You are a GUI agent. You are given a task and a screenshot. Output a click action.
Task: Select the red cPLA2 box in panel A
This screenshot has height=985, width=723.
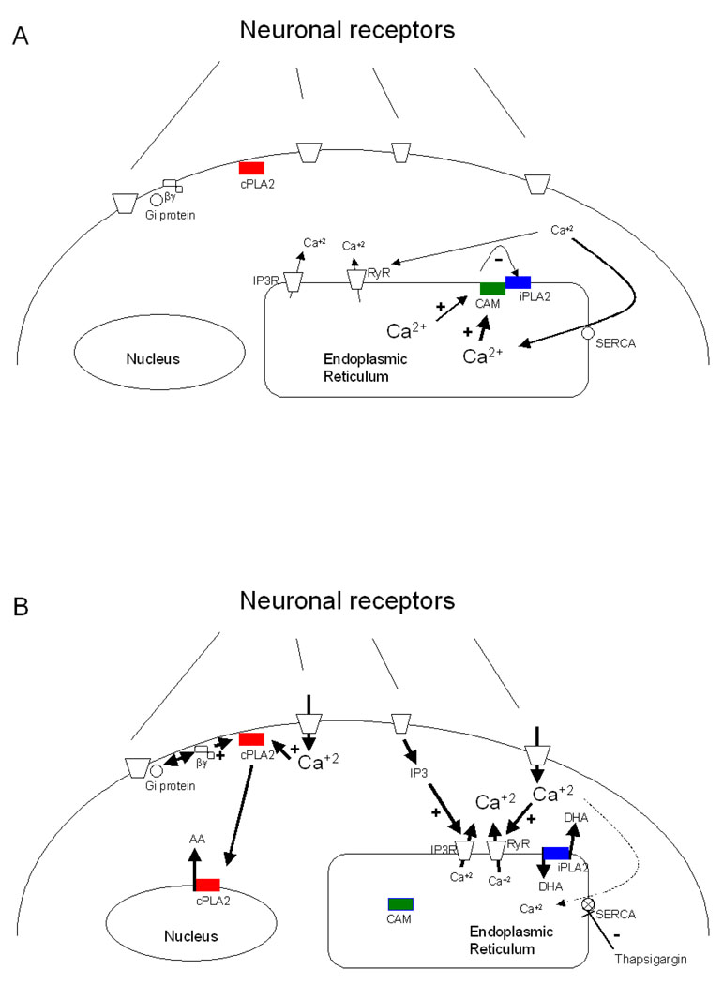252,167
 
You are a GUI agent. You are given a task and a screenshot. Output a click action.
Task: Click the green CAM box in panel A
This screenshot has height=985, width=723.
492,288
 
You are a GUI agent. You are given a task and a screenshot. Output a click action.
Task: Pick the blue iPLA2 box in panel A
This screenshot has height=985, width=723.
518,282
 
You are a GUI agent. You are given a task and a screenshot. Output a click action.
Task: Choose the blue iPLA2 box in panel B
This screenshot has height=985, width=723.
556,853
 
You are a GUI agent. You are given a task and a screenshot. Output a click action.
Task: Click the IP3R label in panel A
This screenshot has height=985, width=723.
267,280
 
